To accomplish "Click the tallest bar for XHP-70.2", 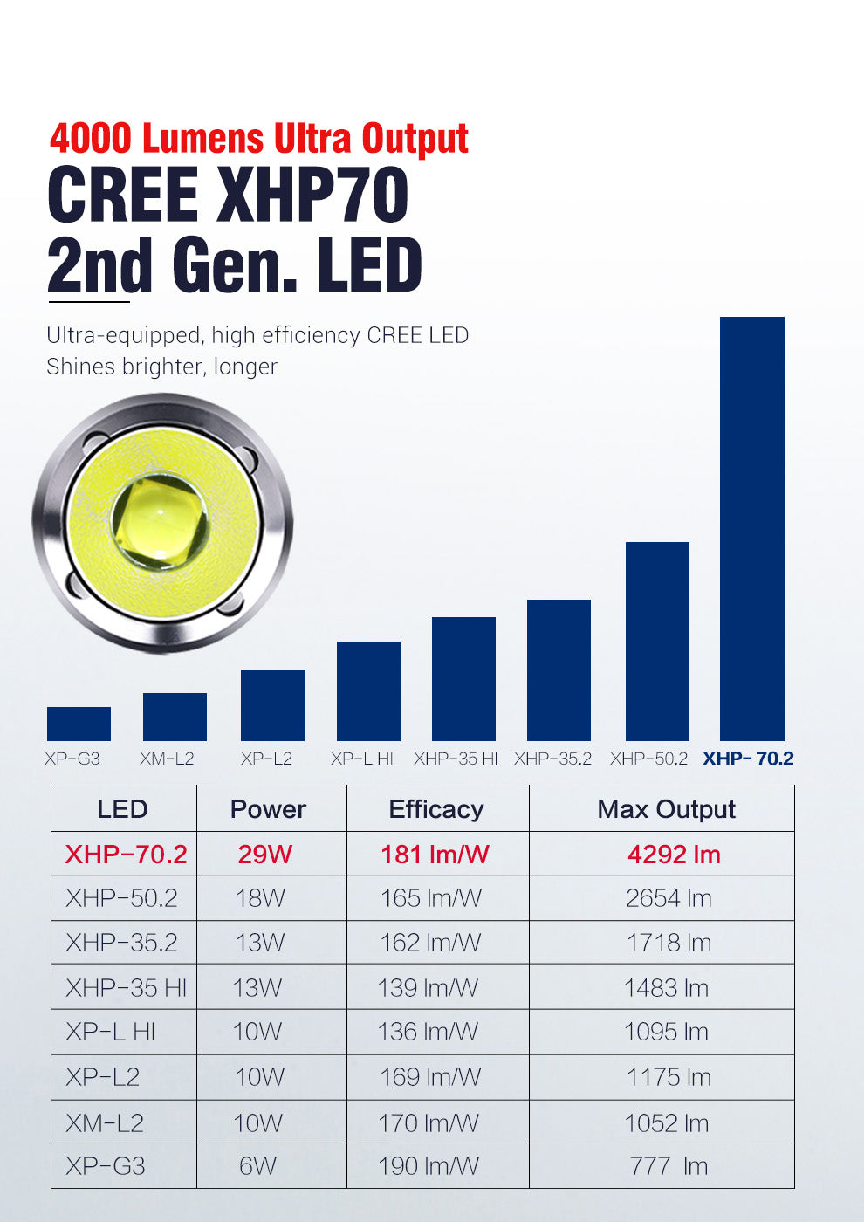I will tap(751, 528).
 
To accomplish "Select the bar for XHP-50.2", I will tap(657, 642).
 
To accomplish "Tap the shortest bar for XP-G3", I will tap(79, 724).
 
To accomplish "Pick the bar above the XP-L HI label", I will tap(368, 691).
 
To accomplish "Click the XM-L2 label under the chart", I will tap(167, 759).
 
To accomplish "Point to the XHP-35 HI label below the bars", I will tap(456, 759).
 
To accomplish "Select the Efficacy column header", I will tap(436, 809).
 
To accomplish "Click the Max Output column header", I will tap(666, 809).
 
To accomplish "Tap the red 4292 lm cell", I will tap(674, 854).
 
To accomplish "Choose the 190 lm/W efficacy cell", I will tap(429, 1166).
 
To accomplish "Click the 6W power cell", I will tap(257, 1166).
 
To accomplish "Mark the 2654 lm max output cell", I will tap(669, 898).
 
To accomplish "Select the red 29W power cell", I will tap(264, 854).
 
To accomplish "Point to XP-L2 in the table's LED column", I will tap(102, 1076).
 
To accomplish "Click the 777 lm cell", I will tap(669, 1166).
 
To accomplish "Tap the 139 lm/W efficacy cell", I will tap(428, 987).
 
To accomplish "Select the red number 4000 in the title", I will tap(91, 139).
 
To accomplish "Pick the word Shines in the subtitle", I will tap(79, 367).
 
